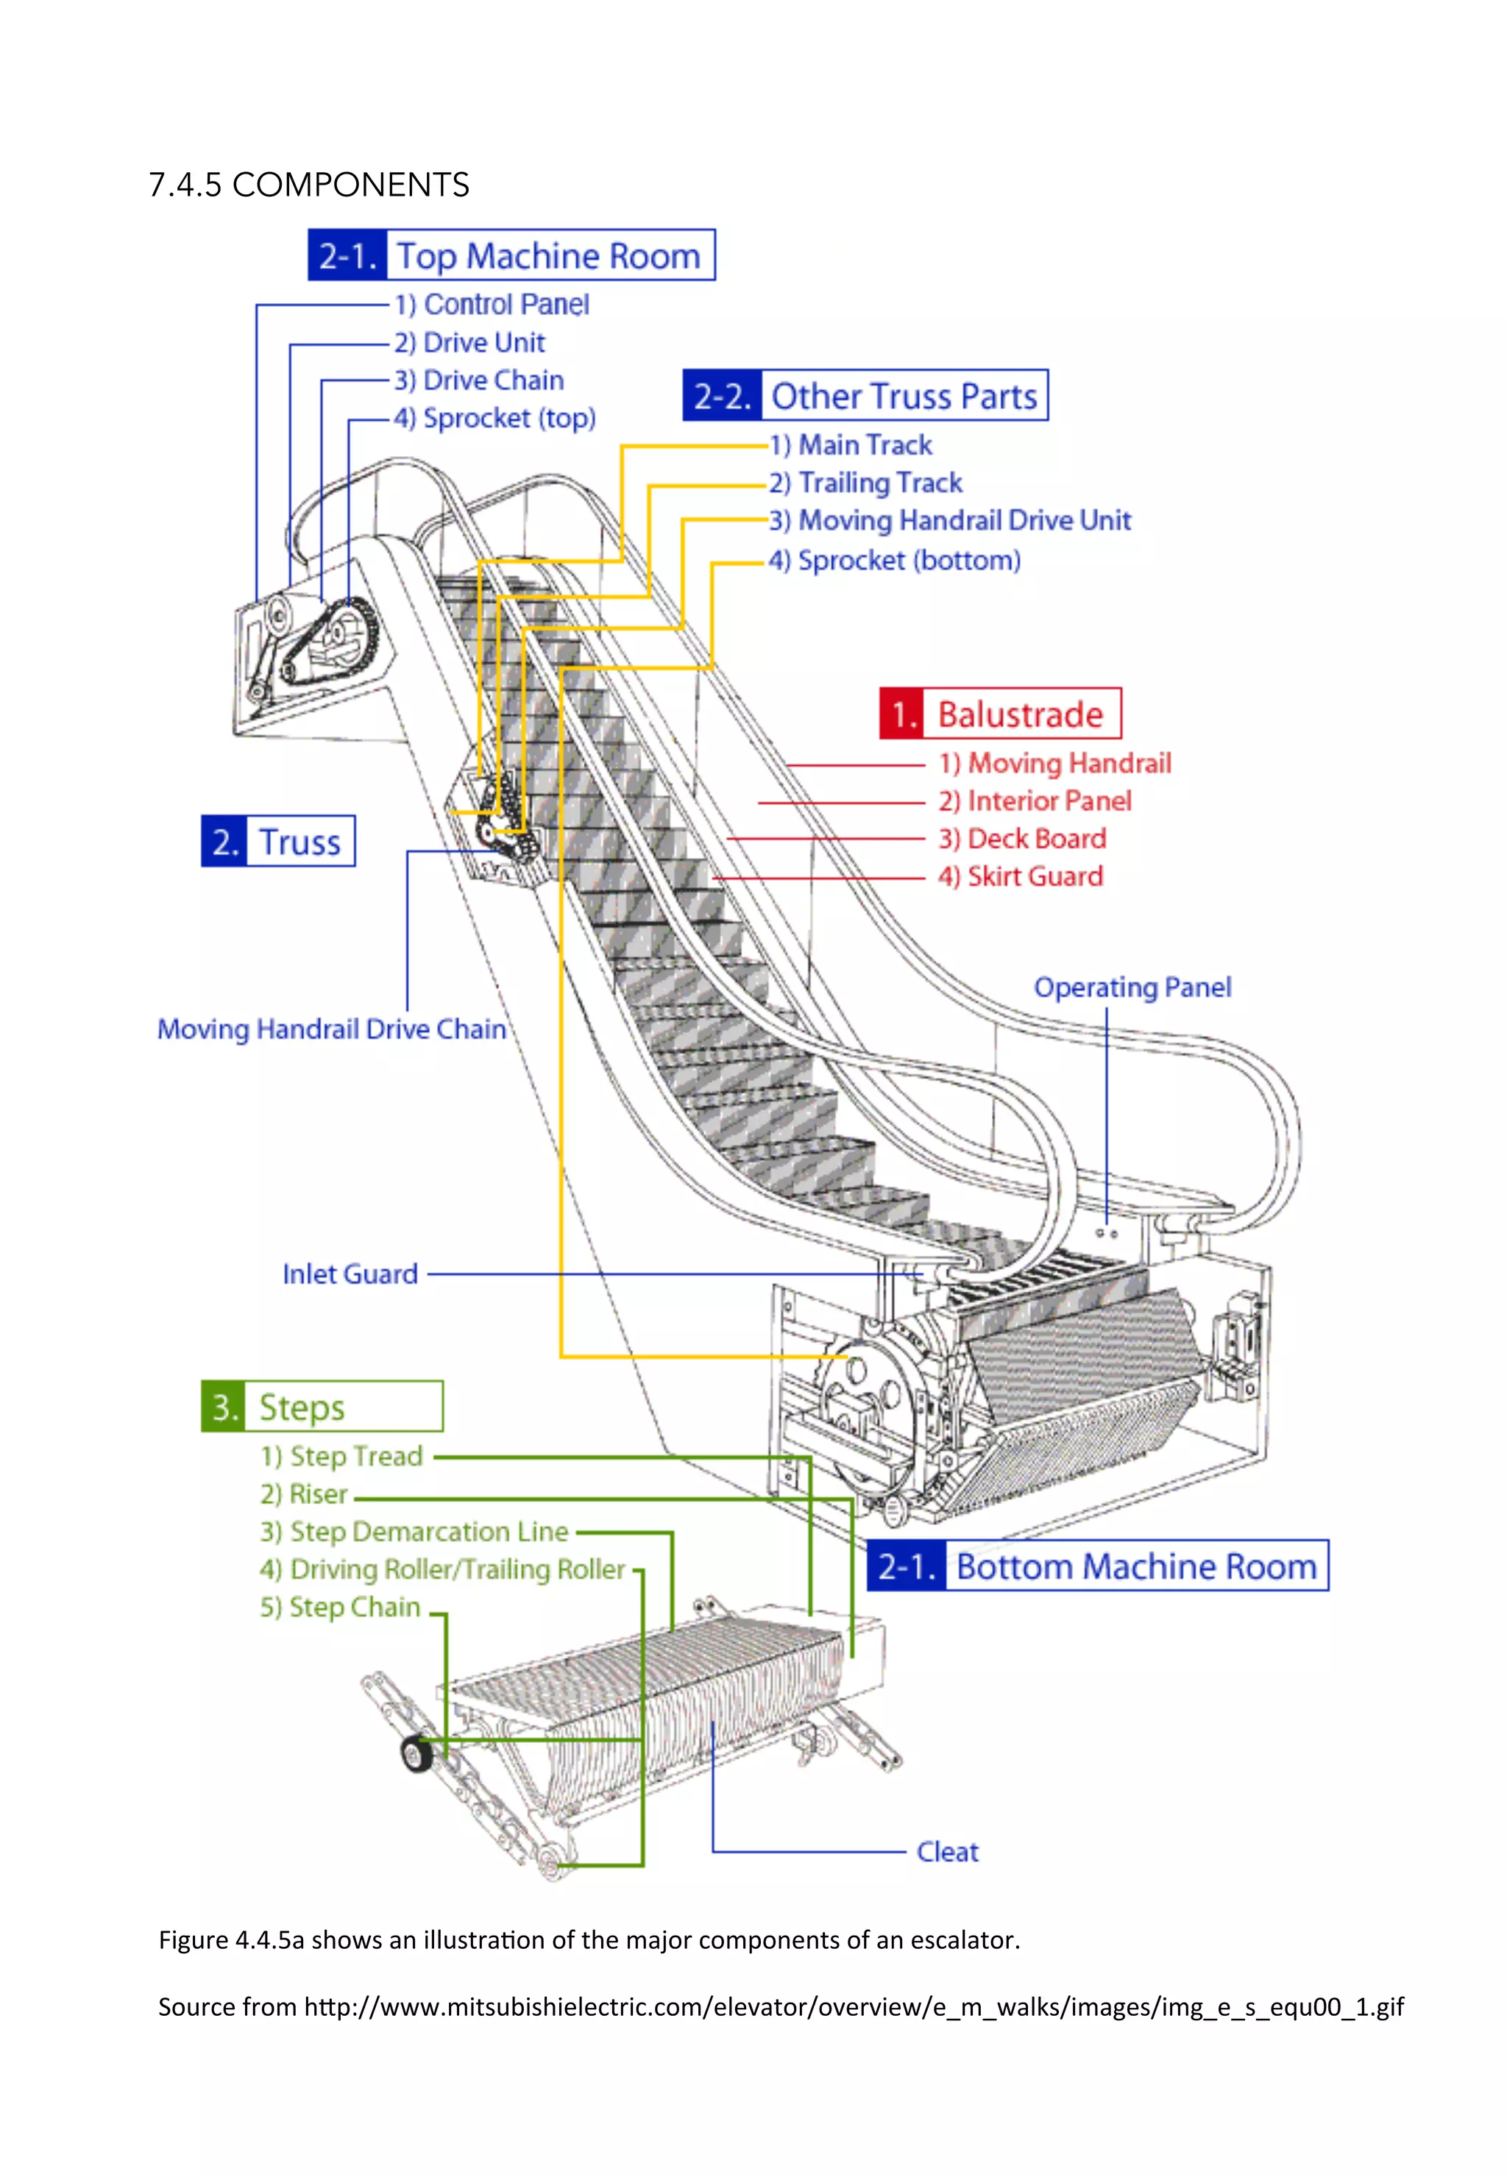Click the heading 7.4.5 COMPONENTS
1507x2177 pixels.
[x=309, y=185]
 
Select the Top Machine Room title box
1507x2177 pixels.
[x=511, y=255]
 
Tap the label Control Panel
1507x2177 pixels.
[x=492, y=304]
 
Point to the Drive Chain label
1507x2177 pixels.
[x=480, y=380]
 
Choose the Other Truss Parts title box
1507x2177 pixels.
[x=865, y=396]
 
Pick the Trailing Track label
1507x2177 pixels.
[x=866, y=483]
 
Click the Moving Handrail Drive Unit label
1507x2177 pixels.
[x=950, y=520]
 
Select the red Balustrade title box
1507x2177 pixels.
[x=1000, y=714]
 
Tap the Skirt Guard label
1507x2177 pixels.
[x=1021, y=876]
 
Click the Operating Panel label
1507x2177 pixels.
[x=1132, y=987]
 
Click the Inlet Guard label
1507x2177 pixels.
[x=350, y=1274]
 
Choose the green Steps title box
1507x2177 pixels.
[x=322, y=1407]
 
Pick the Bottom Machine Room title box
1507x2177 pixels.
[x=1097, y=1566]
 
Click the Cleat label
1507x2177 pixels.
[x=947, y=1853]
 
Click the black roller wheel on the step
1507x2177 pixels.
[x=416, y=1754]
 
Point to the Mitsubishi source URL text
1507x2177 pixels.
[x=853, y=2006]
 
